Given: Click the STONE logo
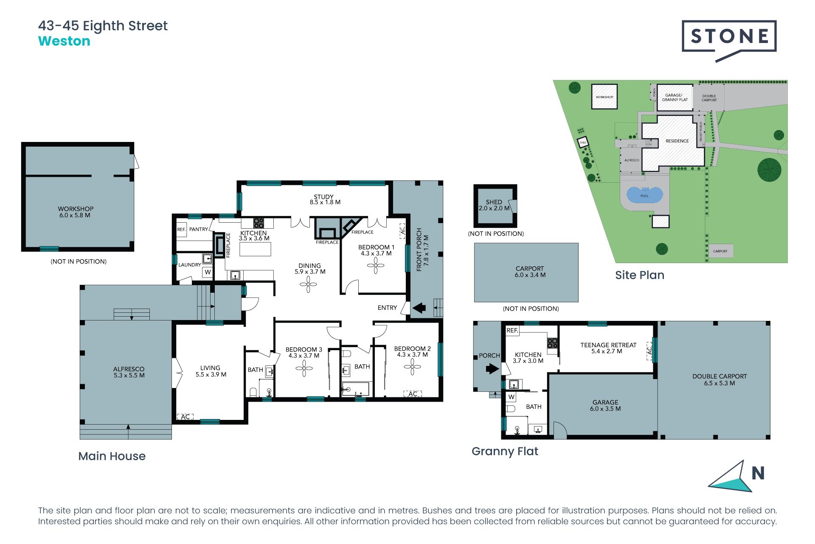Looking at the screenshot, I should [729, 37].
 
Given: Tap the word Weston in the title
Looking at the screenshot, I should [64, 41].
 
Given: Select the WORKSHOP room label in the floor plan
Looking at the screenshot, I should [76, 212].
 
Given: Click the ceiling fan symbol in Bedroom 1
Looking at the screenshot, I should [376, 266].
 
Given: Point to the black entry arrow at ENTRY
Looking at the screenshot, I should [419, 307].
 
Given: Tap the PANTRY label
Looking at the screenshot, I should [198, 229].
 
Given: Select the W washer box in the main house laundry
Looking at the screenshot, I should [208, 272].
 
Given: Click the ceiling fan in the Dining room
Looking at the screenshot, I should [308, 284].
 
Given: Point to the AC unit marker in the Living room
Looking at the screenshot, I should [185, 416].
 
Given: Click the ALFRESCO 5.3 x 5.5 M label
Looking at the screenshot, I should [129, 372].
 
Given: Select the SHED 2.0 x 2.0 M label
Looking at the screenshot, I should [494, 205].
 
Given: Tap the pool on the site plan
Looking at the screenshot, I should [644, 195].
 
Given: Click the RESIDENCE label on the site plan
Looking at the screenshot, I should [677, 141].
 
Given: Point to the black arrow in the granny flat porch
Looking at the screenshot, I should [492, 368].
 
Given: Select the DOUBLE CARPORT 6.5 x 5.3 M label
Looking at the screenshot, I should [719, 380].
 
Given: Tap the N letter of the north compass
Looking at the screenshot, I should [758, 473].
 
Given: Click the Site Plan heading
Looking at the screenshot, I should [639, 275].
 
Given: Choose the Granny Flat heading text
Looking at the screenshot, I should [505, 451].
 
